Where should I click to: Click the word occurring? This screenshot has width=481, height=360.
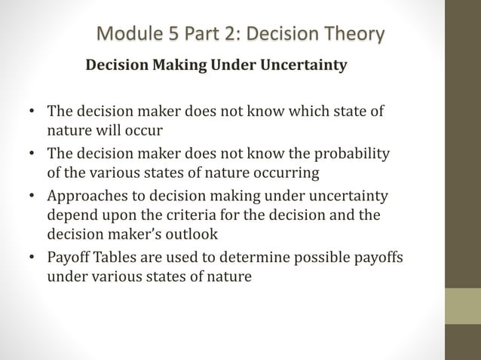(x=289, y=172)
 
